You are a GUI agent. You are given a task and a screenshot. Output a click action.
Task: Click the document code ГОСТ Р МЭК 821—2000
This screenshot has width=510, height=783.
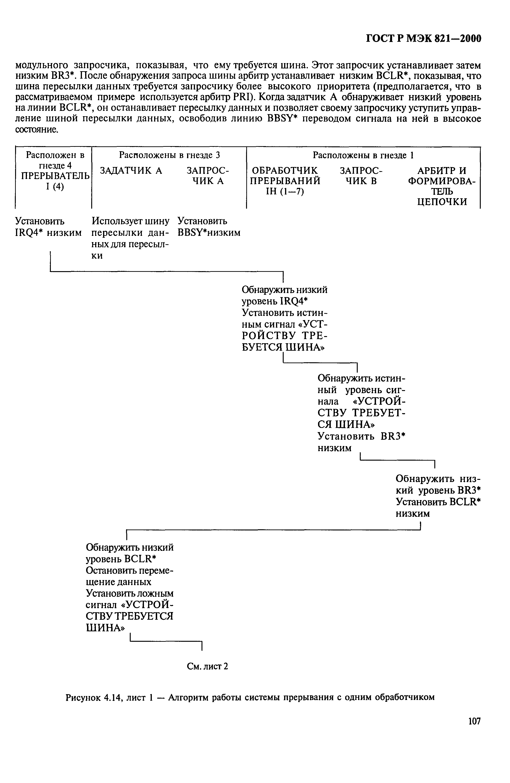pos(423,39)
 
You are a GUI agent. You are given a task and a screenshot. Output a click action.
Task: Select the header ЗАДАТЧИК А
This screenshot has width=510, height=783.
pos(131,170)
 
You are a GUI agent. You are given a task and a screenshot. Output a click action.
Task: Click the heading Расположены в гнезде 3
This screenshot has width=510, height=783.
pos(169,155)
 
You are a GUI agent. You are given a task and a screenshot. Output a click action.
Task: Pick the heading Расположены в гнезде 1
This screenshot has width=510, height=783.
pos(363,155)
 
